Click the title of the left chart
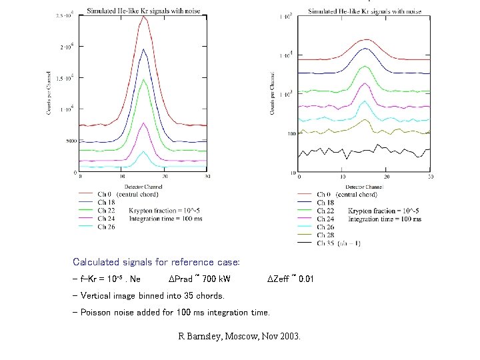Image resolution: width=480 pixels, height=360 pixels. [x=144, y=11]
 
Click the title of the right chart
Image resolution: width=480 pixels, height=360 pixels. [x=365, y=11]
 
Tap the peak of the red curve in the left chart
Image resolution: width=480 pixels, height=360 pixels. [x=143, y=17]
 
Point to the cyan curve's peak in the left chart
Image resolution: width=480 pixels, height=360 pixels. [x=143, y=152]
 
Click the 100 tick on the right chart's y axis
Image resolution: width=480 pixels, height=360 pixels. [x=291, y=133]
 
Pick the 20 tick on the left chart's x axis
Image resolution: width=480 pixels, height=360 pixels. [x=165, y=177]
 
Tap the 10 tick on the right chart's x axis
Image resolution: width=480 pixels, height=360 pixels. [x=342, y=177]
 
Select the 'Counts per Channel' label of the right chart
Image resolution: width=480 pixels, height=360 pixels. [x=273, y=93]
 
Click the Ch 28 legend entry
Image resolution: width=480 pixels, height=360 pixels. [x=325, y=235]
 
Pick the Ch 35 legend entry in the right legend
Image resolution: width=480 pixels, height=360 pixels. [x=339, y=243]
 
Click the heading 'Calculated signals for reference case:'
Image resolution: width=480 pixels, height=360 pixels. [x=156, y=262]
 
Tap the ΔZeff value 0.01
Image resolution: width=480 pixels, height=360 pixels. [x=306, y=279]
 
